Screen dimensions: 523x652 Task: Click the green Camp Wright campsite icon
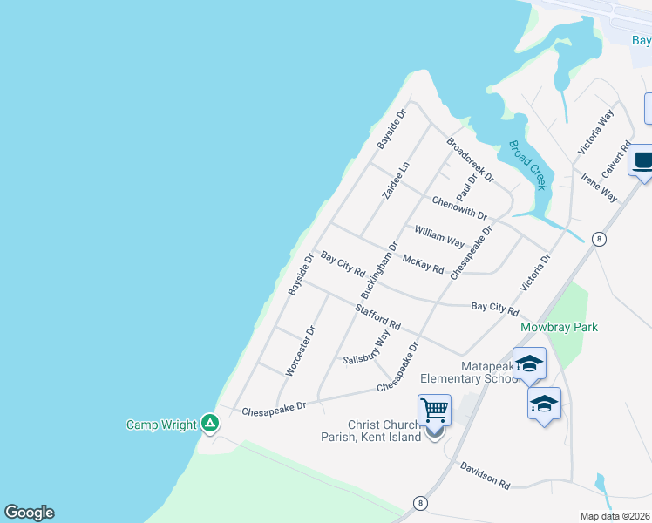210,424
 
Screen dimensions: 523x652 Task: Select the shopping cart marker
434,410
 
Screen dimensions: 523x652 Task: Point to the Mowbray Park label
559,327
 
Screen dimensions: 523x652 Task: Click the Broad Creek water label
527,165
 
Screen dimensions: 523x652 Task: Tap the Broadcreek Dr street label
470,160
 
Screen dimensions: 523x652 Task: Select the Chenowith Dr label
458,208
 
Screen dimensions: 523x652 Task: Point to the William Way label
439,236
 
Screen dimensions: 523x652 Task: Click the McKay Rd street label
424,263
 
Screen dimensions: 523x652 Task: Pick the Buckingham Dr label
379,271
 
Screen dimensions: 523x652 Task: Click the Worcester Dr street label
300,350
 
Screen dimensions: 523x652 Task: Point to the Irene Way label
600,187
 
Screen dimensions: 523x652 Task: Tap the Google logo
29,513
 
